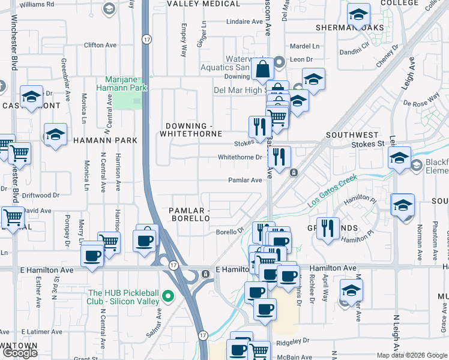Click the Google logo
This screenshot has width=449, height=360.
click(x=20, y=352)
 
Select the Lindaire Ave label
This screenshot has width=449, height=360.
click(x=244, y=22)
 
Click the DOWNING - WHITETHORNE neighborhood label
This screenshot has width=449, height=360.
click(x=191, y=130)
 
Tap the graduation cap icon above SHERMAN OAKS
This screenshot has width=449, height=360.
click(x=358, y=15)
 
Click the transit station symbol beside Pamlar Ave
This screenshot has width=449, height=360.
click(x=294, y=173)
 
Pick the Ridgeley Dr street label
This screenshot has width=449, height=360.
click(x=292, y=341)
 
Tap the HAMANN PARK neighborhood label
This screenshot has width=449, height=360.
click(x=105, y=140)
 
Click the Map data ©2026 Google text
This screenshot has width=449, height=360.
click(x=411, y=355)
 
